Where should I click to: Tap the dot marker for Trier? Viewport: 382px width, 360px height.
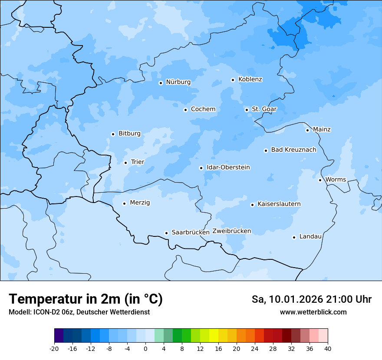(x=125, y=163)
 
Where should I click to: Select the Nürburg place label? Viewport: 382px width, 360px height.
(x=178, y=82)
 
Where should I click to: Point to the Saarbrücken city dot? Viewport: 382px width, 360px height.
(x=166, y=233)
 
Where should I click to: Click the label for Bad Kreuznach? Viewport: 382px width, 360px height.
(x=293, y=150)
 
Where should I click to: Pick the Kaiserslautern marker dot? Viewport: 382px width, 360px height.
(x=252, y=205)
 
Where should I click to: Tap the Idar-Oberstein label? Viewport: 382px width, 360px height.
(x=228, y=167)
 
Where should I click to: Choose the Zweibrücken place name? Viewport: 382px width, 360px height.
(x=231, y=231)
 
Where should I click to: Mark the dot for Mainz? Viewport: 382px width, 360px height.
(x=307, y=130)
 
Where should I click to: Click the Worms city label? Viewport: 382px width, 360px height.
(x=336, y=180)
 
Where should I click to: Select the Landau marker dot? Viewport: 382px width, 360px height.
(x=294, y=237)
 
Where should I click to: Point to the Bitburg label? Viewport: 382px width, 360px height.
(x=129, y=134)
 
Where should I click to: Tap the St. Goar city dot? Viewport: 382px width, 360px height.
(x=247, y=110)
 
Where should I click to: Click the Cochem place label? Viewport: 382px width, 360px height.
(x=203, y=109)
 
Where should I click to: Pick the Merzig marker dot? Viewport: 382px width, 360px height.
(x=124, y=203)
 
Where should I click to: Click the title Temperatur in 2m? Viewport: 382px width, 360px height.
(x=86, y=299)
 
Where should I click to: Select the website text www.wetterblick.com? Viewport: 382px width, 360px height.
(x=313, y=312)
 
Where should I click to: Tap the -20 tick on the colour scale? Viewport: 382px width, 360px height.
(x=54, y=348)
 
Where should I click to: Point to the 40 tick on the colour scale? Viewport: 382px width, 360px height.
(x=328, y=348)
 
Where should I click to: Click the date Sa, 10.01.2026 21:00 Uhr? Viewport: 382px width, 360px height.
(x=311, y=299)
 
